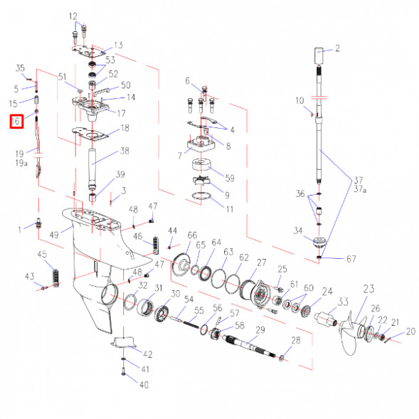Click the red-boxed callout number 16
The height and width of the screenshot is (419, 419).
(x=16, y=121)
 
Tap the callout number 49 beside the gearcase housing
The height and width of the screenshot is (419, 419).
(x=54, y=235)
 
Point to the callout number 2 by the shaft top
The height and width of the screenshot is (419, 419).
(x=337, y=48)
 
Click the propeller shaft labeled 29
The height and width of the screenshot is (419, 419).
(x=250, y=346)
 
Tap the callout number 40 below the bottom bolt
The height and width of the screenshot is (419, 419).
(x=144, y=385)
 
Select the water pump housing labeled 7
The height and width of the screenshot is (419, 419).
(x=201, y=144)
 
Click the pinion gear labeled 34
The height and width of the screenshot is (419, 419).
(x=319, y=241)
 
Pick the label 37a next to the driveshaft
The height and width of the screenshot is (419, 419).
(x=360, y=189)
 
